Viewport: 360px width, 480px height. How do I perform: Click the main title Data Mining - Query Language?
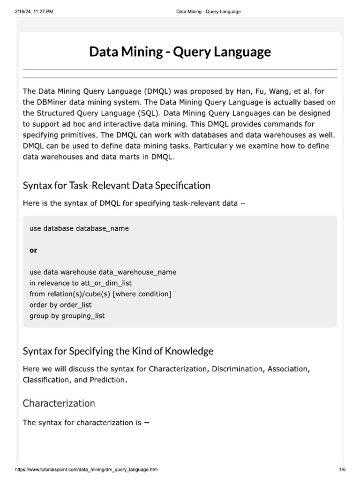pos(180,52)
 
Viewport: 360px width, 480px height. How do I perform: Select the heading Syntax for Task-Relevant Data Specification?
pos(117,186)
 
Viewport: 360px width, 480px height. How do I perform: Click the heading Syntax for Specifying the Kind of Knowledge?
pos(118,351)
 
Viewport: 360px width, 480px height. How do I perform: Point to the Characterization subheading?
pos(59,403)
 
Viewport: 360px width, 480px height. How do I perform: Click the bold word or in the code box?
pos(33,250)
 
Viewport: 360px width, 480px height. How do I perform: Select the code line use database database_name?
pos(79,229)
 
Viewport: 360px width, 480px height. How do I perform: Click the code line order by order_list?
pos(60,305)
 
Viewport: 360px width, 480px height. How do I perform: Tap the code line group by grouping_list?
pos(67,316)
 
